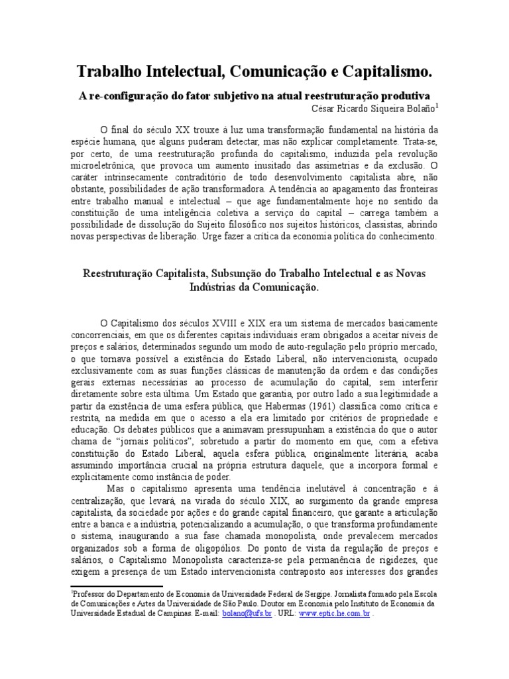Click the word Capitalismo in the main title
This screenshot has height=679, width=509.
[375, 71]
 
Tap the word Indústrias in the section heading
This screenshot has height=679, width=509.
[215, 288]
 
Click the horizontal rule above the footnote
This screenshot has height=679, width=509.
[117, 586]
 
